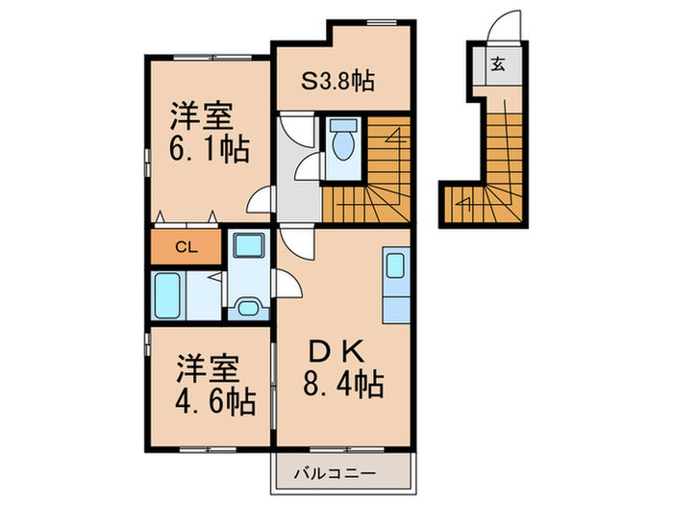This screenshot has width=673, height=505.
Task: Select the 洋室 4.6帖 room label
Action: click(213, 385)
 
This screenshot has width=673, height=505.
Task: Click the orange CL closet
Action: click(186, 246)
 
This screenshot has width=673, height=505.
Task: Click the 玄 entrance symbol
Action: click(499, 65)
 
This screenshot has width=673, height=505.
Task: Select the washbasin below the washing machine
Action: click(248, 307)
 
